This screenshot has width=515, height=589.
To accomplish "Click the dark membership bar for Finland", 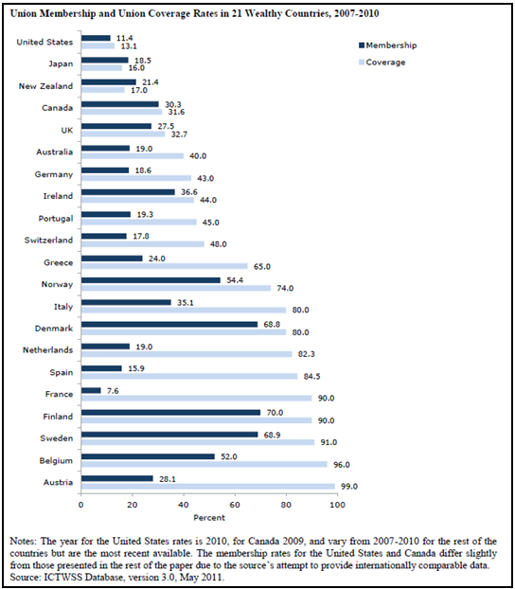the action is pyautogui.click(x=171, y=413).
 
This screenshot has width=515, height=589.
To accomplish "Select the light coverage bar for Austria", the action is pyautogui.click(x=208, y=487).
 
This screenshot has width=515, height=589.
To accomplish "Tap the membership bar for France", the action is pyautogui.click(x=91, y=391).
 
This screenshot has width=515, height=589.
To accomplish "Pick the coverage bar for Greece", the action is pyautogui.click(x=165, y=266).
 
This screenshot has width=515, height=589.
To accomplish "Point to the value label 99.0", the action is pyautogui.click(x=349, y=487).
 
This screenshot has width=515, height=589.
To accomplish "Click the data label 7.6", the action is pyautogui.click(x=113, y=391).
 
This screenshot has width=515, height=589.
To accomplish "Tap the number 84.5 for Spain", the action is pyautogui.click(x=311, y=376).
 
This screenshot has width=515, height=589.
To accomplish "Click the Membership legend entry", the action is pyautogui.click(x=388, y=45).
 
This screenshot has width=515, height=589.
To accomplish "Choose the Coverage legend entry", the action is pyautogui.click(x=382, y=62).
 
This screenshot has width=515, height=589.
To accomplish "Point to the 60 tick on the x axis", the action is pyautogui.click(x=235, y=505).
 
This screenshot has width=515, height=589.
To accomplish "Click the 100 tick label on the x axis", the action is pyautogui.click(x=338, y=505).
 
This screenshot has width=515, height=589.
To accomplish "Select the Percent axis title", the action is pyautogui.click(x=209, y=518).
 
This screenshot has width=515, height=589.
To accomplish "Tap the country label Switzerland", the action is pyautogui.click(x=48, y=240).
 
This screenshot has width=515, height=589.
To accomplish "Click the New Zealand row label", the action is pyautogui.click(x=45, y=86).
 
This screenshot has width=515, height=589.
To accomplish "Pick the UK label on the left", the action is pyautogui.click(x=67, y=131).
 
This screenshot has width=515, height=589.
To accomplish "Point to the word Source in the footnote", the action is pyautogui.click(x=23, y=577).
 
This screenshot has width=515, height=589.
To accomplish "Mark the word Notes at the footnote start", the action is pyautogui.click(x=23, y=542).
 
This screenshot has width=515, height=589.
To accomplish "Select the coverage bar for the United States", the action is pyautogui.click(x=98, y=45).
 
